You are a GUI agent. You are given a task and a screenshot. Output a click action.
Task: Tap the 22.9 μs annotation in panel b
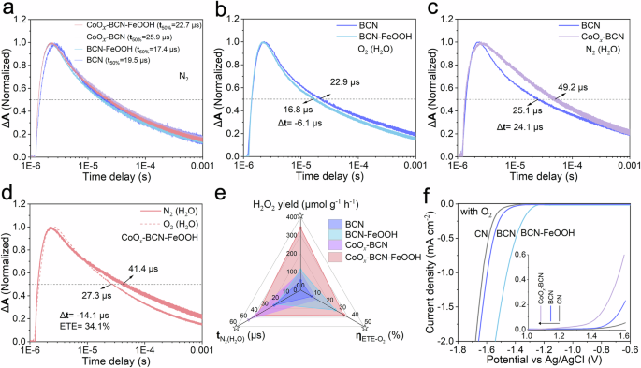tap(348, 84)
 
